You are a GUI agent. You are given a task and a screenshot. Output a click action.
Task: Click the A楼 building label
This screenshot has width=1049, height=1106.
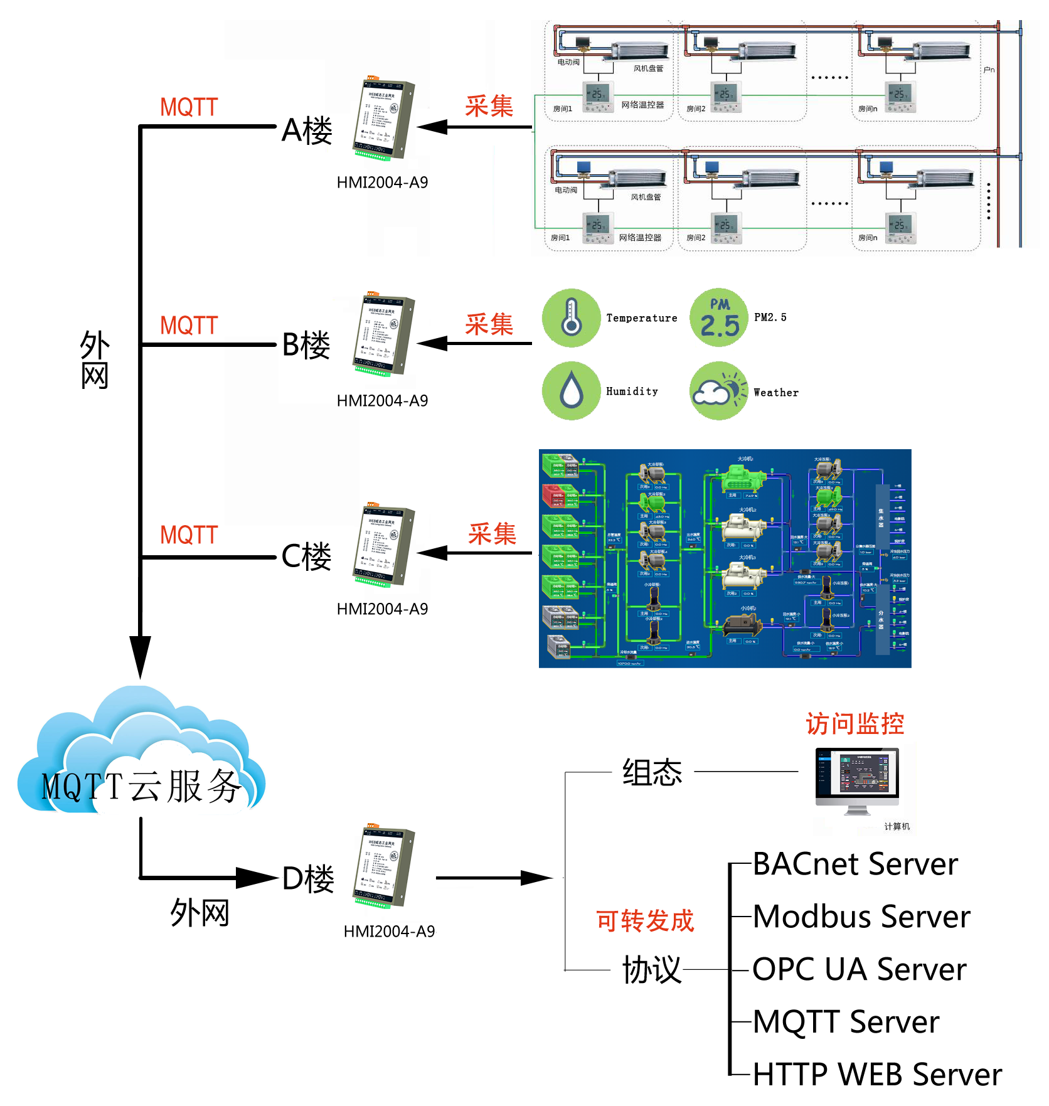click(307, 131)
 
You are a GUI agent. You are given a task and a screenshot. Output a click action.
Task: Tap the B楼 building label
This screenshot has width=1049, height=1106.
click(306, 345)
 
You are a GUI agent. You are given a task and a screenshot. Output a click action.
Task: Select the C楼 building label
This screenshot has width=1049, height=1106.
click(306, 556)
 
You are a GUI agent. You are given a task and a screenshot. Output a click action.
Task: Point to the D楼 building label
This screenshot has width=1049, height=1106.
click(308, 879)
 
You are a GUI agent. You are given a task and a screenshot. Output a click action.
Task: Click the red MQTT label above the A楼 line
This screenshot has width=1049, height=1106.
click(189, 107)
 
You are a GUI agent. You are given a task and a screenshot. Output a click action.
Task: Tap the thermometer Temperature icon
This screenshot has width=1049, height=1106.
click(571, 318)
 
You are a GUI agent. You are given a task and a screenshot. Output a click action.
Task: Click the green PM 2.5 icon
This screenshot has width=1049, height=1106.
click(719, 318)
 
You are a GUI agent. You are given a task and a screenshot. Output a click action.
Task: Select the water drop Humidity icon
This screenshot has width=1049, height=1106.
click(571, 391)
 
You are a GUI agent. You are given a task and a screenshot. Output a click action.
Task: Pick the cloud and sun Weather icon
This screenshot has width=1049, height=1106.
click(719, 391)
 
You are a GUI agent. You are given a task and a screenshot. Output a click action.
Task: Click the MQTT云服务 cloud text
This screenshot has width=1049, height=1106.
click(141, 786)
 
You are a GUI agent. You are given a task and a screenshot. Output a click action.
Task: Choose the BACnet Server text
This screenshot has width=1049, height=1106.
click(855, 864)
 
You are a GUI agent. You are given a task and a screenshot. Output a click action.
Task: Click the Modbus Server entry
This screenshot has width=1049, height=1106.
click(861, 917)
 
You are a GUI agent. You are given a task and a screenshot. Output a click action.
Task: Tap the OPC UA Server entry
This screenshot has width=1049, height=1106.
click(859, 969)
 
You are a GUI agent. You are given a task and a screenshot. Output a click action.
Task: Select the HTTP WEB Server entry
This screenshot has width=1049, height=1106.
click(877, 1074)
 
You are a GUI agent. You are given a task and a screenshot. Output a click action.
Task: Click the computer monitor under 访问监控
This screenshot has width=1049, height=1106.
click(857, 778)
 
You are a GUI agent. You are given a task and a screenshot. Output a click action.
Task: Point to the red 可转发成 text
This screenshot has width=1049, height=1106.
click(645, 921)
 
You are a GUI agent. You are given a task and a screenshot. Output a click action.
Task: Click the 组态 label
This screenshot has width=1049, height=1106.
click(652, 772)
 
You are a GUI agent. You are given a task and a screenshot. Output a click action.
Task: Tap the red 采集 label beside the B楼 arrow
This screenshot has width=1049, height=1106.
click(489, 324)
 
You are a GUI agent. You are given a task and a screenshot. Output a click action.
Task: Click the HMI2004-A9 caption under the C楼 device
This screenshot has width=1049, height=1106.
click(382, 609)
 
